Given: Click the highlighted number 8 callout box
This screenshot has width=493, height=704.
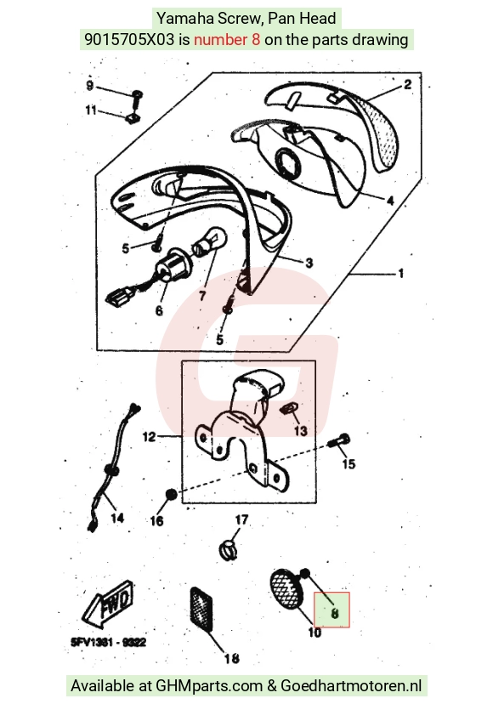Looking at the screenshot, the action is (331, 610).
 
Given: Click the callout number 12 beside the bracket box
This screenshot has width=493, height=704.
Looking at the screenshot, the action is (149, 436).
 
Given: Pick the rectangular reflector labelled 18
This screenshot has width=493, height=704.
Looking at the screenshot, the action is (201, 609).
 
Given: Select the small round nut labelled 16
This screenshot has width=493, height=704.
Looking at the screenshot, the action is (172, 494).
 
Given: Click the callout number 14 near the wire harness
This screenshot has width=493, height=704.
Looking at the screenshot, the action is (117, 518).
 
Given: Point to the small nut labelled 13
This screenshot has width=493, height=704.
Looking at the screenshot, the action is (287, 408).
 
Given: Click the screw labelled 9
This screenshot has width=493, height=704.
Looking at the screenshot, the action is (136, 99).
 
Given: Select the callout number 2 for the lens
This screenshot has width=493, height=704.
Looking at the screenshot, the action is (407, 84).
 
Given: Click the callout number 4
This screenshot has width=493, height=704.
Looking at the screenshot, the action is (390, 201).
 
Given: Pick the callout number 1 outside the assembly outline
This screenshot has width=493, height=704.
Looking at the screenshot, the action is (400, 273).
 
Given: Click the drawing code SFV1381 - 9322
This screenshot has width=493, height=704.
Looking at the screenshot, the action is (108, 643).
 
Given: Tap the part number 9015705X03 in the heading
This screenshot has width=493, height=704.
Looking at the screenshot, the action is (129, 39).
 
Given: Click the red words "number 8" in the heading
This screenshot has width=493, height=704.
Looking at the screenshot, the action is (227, 39).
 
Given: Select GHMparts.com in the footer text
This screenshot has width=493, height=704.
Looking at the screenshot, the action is (209, 686).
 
